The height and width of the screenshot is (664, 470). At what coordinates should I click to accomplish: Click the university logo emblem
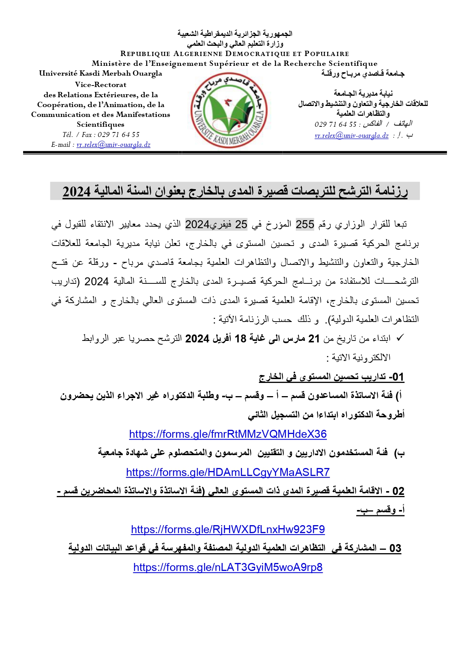pyautogui.click(x=228, y=110)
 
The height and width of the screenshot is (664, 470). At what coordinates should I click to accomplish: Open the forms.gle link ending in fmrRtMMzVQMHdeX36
pyautogui.click(x=228, y=434)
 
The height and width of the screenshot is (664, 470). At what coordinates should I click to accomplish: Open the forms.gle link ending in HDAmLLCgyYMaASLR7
pyautogui.click(x=228, y=472)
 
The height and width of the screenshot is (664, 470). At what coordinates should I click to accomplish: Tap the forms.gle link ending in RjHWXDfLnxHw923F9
pyautogui.click(x=228, y=529)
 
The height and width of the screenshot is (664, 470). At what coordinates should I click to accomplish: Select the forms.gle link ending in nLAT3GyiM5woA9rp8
pyautogui.click(x=228, y=567)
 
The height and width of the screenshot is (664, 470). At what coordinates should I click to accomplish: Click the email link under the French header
pyautogui.click(x=113, y=145)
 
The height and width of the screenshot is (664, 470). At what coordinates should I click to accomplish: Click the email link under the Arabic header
pyautogui.click(x=351, y=135)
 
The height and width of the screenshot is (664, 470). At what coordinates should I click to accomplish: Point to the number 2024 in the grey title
pyautogui.click(x=77, y=192)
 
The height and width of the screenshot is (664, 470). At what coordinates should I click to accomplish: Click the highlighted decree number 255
pyautogui.click(x=305, y=224)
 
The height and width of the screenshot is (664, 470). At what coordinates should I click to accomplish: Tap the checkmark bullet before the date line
pyautogui.click(x=400, y=338)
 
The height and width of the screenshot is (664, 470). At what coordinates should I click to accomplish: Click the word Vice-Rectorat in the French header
pyautogui.click(x=100, y=84)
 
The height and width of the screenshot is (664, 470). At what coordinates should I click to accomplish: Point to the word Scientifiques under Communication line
pyautogui.click(x=100, y=124)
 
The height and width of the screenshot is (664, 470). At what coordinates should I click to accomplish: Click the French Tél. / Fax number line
pyautogui.click(x=101, y=135)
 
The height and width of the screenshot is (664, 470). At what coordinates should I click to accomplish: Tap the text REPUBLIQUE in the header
pyautogui.click(x=145, y=54)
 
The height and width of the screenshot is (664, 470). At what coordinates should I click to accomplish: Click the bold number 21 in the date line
pyautogui.click(x=314, y=339)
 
